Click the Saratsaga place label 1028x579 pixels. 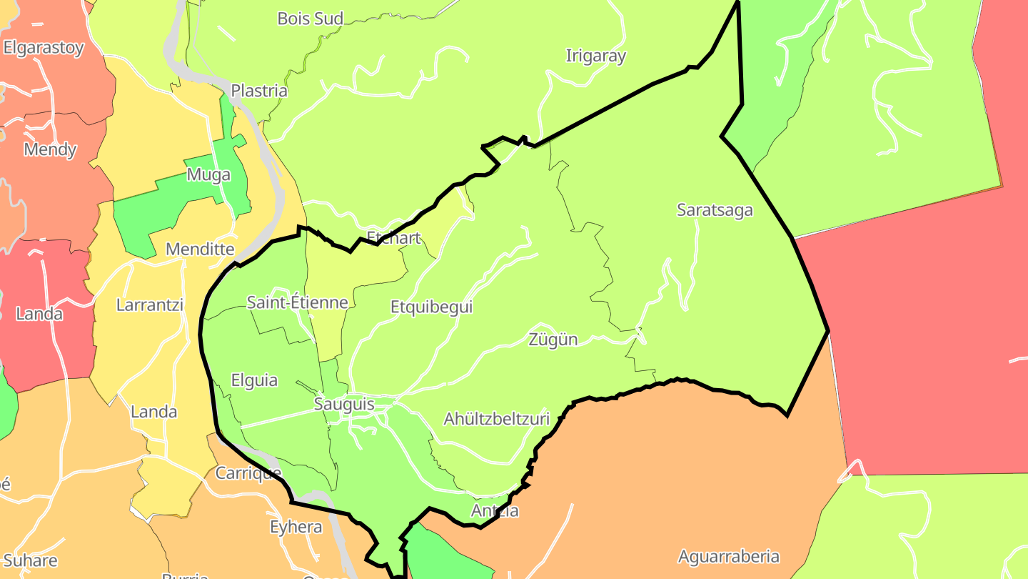pyautogui.click(x=715, y=210)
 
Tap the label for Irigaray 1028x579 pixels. pyautogui.click(x=595, y=56)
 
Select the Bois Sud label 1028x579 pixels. pyautogui.click(x=311, y=19)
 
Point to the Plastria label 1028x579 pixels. pyautogui.click(x=259, y=91)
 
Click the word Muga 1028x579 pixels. pyautogui.click(x=208, y=175)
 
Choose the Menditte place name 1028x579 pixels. pyautogui.click(x=200, y=249)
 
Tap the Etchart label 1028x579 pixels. pyautogui.click(x=393, y=238)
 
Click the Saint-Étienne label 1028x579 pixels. pyautogui.click(x=297, y=302)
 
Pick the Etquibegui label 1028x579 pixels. pyautogui.click(x=432, y=307)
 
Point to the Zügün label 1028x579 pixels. pyautogui.click(x=553, y=340)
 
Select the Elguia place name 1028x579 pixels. pyautogui.click(x=254, y=380)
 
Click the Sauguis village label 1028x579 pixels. pyautogui.click(x=344, y=405)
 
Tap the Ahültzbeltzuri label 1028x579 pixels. pyautogui.click(x=497, y=419)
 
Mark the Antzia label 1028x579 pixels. pyautogui.click(x=495, y=511)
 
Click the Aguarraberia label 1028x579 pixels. pyautogui.click(x=728, y=557)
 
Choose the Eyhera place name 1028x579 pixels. pyautogui.click(x=296, y=528)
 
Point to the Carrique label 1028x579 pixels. pyautogui.click(x=248, y=473)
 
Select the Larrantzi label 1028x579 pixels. pyautogui.click(x=150, y=305)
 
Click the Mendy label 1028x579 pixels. pyautogui.click(x=50, y=150)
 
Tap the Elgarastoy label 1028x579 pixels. pyautogui.click(x=44, y=49)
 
